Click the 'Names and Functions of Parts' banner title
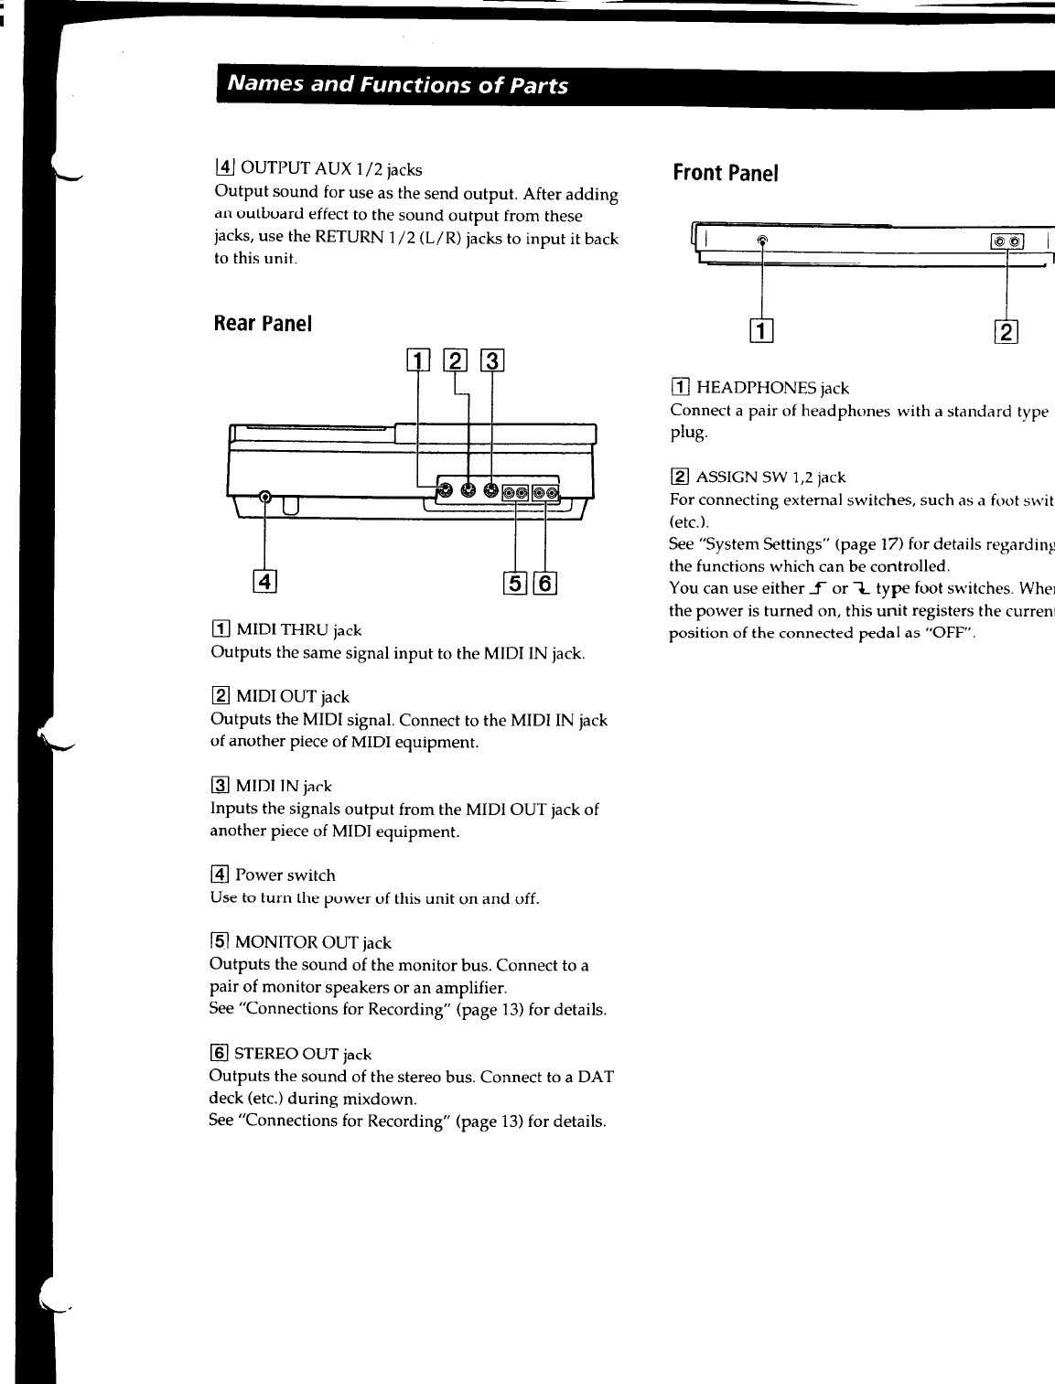click(x=397, y=86)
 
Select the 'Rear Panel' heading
click(x=263, y=324)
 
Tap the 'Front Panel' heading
click(x=725, y=173)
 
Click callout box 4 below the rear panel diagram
click(x=264, y=580)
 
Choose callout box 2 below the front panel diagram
click(x=1007, y=331)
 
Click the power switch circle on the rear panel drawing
click(x=265, y=498)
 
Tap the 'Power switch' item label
click(x=285, y=875)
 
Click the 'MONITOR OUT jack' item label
click(x=313, y=943)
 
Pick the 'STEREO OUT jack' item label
click(x=303, y=1055)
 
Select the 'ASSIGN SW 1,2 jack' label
click(x=770, y=477)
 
